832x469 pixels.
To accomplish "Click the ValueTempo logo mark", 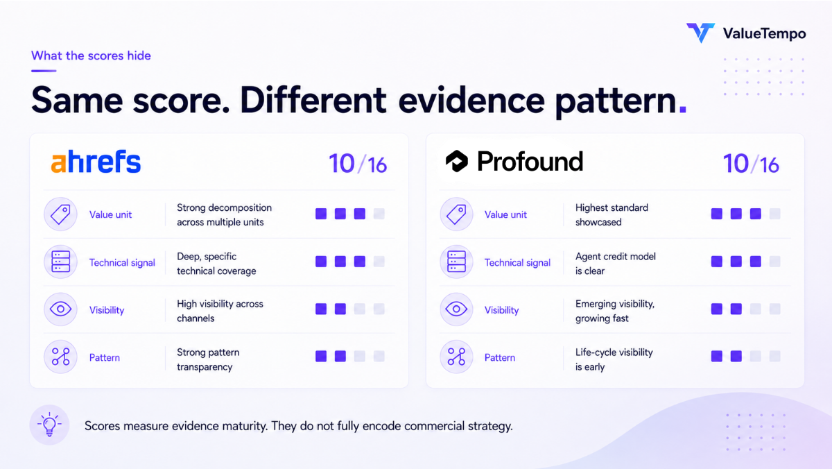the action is (700, 33).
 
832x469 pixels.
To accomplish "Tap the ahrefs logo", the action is (96, 162).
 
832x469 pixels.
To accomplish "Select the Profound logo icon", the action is (456, 161).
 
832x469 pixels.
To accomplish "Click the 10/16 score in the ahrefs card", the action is (358, 164).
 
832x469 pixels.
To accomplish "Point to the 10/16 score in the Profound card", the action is (751, 164).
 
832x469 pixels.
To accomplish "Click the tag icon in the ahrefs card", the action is (60, 214).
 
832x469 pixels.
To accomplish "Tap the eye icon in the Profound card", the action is (456, 309).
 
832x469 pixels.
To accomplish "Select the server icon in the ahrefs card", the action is (60, 262).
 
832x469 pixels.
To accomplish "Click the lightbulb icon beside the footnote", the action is (49, 425).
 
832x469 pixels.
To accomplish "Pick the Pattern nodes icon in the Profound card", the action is (456, 357).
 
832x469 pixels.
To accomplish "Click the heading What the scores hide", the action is (91, 56).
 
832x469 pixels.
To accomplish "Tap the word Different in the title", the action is (313, 101).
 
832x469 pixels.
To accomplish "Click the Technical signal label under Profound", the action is (517, 263).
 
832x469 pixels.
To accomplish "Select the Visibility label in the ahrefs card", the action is (107, 310).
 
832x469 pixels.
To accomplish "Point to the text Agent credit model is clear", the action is (616, 264).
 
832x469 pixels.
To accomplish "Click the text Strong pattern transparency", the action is (208, 359).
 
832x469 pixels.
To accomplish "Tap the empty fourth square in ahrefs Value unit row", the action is (379, 214).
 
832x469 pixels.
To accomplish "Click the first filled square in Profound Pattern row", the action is (716, 357).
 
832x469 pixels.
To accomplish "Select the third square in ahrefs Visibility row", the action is (360, 309).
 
